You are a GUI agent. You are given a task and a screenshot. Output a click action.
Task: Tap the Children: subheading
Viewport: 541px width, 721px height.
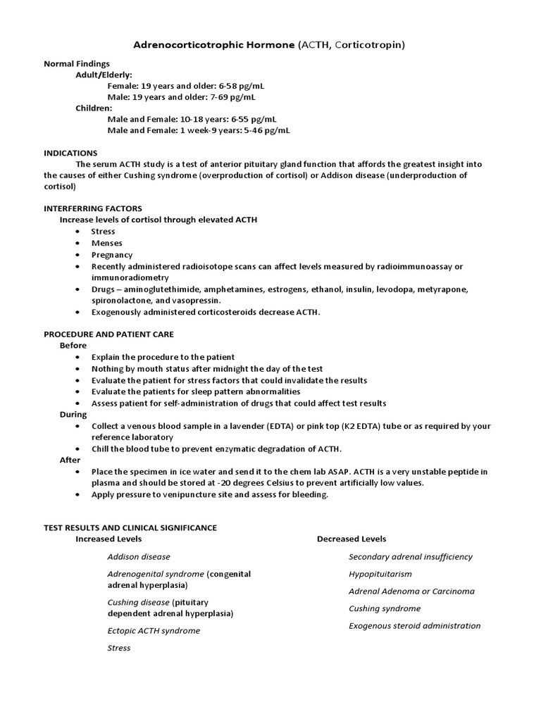94,108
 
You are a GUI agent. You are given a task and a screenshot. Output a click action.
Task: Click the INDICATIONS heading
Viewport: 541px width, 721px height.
70,153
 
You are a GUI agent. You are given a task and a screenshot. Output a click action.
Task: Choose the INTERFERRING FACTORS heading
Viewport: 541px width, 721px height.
93,208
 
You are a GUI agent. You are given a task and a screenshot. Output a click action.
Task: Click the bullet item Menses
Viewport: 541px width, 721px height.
106,243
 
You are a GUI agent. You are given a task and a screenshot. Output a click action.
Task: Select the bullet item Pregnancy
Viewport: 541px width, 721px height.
111,255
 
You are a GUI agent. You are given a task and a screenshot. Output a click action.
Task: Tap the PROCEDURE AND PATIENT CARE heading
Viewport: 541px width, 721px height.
108,334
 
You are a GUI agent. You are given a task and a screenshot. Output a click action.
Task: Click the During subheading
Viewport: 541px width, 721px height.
73,415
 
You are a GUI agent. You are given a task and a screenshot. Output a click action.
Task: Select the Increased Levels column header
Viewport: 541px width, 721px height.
108,539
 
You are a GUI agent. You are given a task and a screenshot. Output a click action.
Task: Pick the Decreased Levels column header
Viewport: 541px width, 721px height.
352,539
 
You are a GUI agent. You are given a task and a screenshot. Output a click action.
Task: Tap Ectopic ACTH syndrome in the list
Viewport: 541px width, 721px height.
154,631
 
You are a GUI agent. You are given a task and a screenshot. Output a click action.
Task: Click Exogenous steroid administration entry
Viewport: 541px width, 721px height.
415,625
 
